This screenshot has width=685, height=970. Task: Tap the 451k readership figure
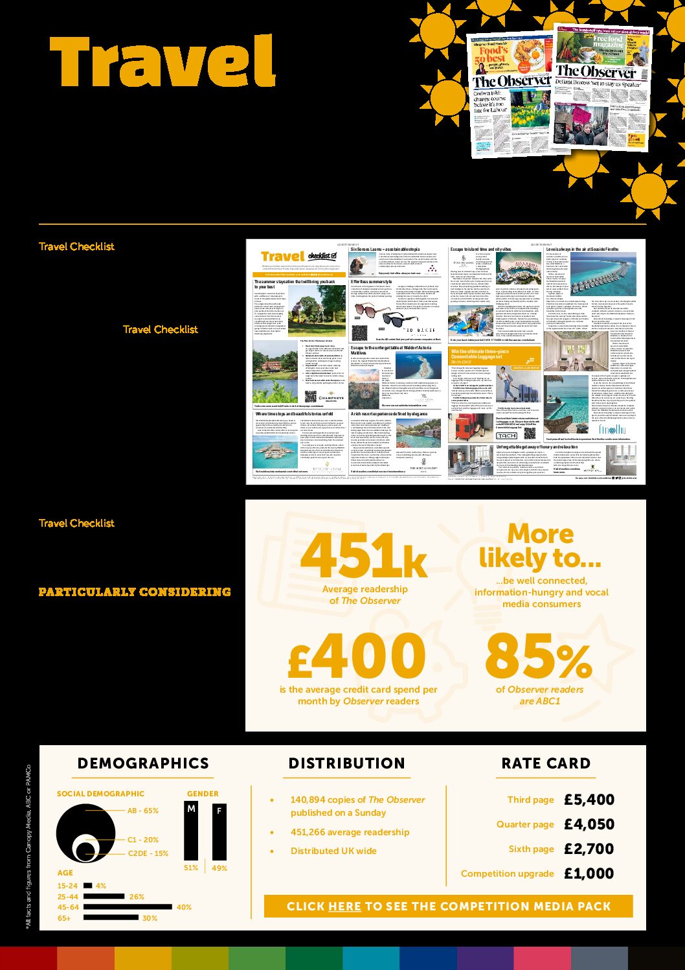(x=363, y=556)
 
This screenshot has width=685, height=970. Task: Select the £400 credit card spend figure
(x=357, y=656)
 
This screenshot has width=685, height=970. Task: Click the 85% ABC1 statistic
(x=538, y=656)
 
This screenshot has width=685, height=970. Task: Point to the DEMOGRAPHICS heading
(x=143, y=763)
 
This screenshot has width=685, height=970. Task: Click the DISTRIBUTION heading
(x=346, y=763)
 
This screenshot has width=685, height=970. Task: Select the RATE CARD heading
(x=546, y=763)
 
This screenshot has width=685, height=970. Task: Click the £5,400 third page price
(x=589, y=800)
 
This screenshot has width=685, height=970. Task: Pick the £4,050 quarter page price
(x=589, y=824)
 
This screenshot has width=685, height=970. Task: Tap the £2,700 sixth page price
(x=589, y=849)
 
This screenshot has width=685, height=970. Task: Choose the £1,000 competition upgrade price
(x=589, y=873)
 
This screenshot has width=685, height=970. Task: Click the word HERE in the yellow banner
(x=344, y=906)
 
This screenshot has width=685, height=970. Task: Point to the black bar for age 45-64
(x=128, y=907)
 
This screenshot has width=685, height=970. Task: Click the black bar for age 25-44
(x=104, y=897)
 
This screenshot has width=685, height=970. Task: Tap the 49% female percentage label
(x=219, y=868)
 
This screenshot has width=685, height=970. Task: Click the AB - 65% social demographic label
(x=142, y=811)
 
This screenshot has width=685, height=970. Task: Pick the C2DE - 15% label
(x=148, y=853)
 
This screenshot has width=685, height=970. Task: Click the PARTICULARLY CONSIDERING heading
(x=135, y=592)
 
